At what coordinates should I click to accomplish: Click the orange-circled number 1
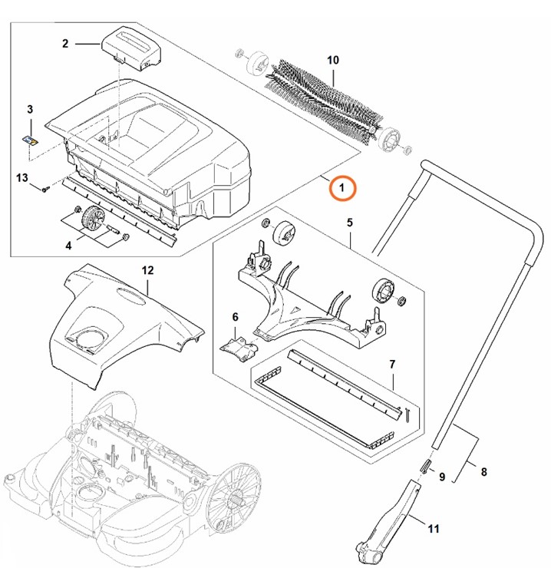pyautogui.click(x=342, y=187)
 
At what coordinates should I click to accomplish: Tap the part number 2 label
pyautogui.click(x=65, y=44)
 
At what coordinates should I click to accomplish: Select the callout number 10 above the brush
pyautogui.click(x=332, y=60)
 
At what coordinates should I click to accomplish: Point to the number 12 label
pyautogui.click(x=147, y=270)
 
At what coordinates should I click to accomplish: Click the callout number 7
pyautogui.click(x=391, y=363)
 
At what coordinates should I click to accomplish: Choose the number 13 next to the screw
pyautogui.click(x=21, y=178)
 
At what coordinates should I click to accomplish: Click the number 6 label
pyautogui.click(x=235, y=317)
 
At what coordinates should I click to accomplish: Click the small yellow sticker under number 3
pyautogui.click(x=31, y=140)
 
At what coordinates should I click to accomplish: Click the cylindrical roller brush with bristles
pyautogui.click(x=323, y=100)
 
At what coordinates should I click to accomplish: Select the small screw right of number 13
pyautogui.click(x=46, y=187)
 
